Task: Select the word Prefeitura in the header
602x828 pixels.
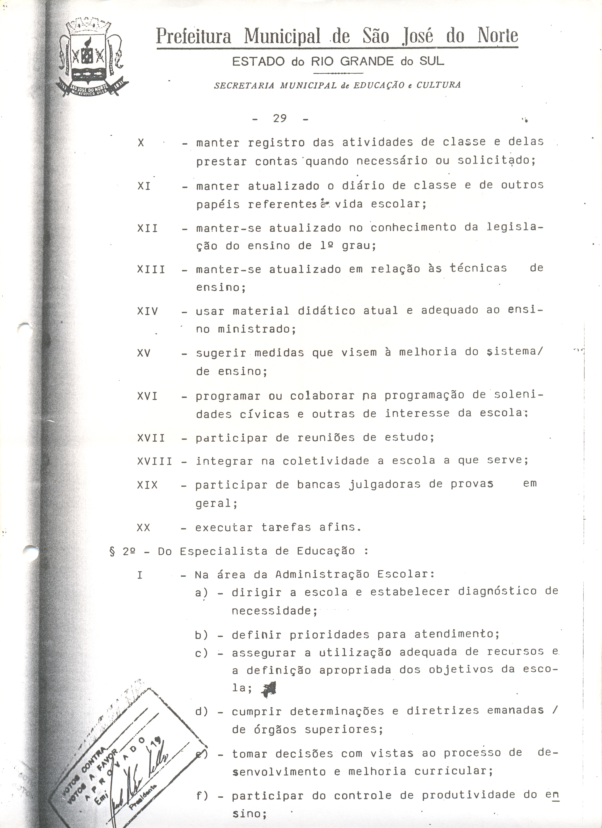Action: pyautogui.click(x=194, y=37)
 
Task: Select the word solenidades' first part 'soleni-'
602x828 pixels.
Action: pyautogui.click(x=519, y=395)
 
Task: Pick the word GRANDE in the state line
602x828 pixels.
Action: pyautogui.click(x=367, y=61)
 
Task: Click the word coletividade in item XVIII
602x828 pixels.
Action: pyautogui.click(x=326, y=461)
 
